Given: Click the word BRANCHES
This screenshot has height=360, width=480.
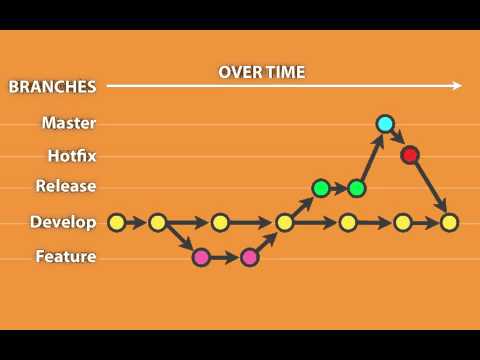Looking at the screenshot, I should click(x=52, y=87).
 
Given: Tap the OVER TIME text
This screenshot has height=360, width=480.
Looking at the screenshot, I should click(x=262, y=72).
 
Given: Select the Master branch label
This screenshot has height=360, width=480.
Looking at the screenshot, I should click(x=69, y=123).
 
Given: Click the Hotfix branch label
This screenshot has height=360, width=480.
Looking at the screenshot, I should click(x=72, y=156).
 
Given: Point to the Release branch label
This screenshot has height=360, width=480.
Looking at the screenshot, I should click(x=66, y=186).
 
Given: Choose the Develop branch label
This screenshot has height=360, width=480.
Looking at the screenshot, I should click(x=63, y=222).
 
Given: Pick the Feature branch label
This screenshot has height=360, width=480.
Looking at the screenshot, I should click(x=66, y=257).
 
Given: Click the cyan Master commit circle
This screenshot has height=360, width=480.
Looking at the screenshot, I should click(x=385, y=124).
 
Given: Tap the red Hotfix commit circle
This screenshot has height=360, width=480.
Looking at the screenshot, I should click(x=409, y=155).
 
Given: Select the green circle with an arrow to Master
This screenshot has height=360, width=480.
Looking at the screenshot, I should click(x=357, y=188).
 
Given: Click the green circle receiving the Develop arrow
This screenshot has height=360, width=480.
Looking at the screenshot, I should click(x=321, y=188).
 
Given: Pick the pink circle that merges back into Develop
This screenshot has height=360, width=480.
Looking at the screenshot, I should click(x=250, y=257).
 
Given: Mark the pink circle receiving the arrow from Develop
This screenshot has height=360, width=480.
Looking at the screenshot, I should click(x=201, y=257).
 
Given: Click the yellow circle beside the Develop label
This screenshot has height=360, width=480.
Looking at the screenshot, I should click(x=116, y=222).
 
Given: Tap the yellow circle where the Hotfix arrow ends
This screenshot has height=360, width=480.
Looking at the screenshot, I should click(x=449, y=222).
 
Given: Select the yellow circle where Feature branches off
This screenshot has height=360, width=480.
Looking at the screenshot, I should click(x=157, y=222).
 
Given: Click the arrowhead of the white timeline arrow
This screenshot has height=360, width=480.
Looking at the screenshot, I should click(x=457, y=86).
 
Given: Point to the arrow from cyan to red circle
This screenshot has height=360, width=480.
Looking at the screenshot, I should click(x=397, y=139).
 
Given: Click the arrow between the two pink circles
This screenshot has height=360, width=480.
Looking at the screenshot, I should click(x=226, y=257).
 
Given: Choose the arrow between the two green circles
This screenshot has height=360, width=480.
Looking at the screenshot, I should click(x=339, y=188).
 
